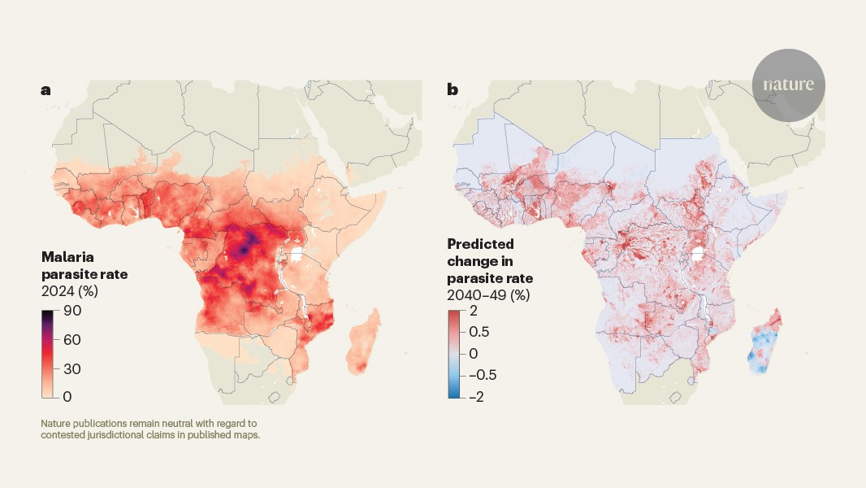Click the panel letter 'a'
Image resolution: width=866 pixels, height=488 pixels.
(x=45, y=90)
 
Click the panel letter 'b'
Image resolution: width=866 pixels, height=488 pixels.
(x=452, y=90)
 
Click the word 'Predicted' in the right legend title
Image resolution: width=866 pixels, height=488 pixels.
(x=480, y=244)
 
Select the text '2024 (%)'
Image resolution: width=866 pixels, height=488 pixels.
(x=68, y=290)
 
